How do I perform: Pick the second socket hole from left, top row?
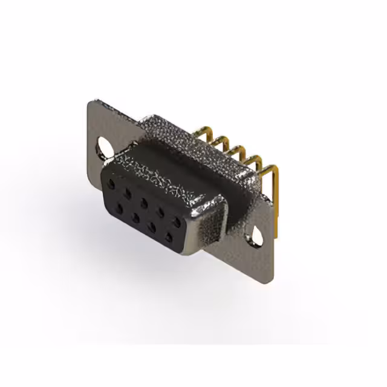click(x=128, y=190)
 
